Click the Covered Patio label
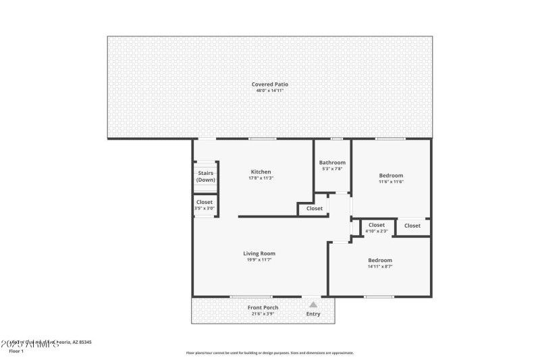[x=270, y=84]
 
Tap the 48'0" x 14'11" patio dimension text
[x=270, y=91]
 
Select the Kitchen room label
[x=261, y=172]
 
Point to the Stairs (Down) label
[x=205, y=177]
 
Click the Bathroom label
[x=332, y=162]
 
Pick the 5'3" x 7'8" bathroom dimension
[x=332, y=169]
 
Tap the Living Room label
[x=259, y=253]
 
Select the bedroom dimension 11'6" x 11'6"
[x=391, y=182]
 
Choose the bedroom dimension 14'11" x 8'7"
[x=380, y=267]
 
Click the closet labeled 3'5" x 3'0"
[x=205, y=208]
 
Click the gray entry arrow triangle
[x=313, y=305]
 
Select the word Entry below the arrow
[x=313, y=314]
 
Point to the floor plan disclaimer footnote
[x=269, y=353]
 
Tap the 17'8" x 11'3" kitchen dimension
[x=261, y=178]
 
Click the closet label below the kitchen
[x=315, y=209]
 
